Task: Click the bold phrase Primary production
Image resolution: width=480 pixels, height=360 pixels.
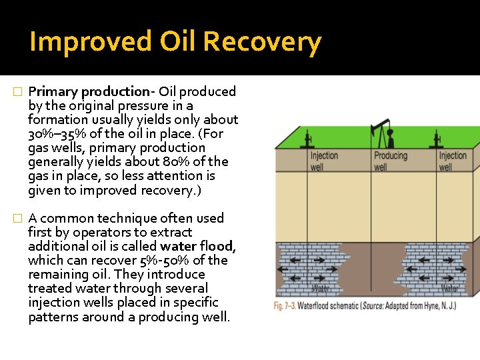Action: point(89,91)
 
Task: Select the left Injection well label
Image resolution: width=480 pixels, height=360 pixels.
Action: point(325,161)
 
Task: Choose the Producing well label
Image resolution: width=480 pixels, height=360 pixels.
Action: point(390,161)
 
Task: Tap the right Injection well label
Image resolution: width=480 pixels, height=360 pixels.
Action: point(453,161)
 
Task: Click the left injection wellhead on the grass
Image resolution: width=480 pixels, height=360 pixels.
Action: point(307,140)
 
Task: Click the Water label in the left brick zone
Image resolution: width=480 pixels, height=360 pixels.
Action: point(321,289)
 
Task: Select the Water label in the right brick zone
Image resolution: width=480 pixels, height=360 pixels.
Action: point(450,289)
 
